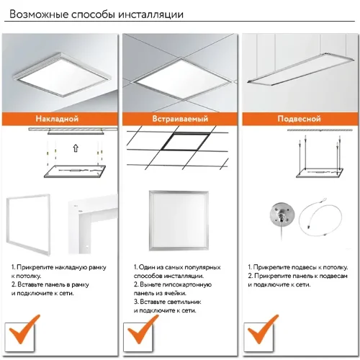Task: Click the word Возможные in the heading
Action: [39, 14]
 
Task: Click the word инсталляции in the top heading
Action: [151, 14]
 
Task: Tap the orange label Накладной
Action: [57, 119]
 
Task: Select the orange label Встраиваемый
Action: [180, 119]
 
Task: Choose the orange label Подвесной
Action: [299, 119]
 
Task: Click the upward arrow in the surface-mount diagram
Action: [76, 148]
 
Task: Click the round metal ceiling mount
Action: [282, 215]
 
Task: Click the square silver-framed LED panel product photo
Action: [179, 221]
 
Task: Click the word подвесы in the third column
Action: [304, 267]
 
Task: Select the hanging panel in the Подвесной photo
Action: [300, 68]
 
